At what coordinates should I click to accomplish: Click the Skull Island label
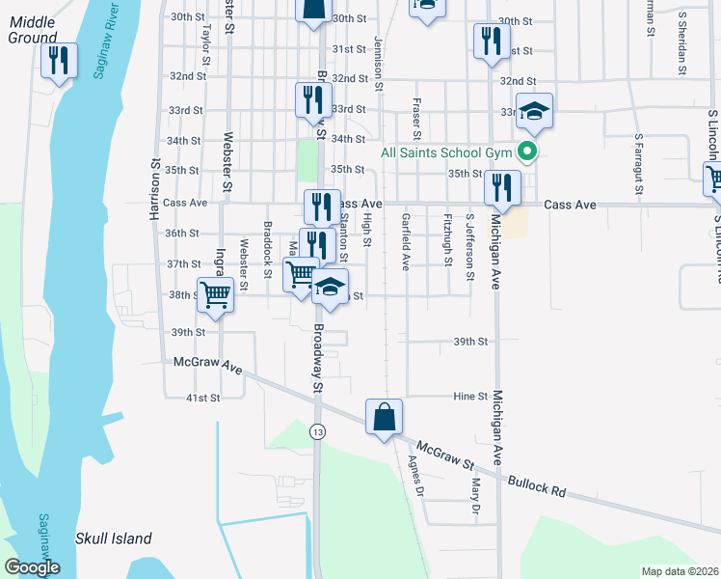click(x=115, y=538)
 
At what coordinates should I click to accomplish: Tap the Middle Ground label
click(x=32, y=29)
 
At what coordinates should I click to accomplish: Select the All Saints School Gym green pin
click(x=526, y=151)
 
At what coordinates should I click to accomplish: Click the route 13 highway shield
click(x=317, y=433)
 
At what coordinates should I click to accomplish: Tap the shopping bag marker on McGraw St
click(x=384, y=418)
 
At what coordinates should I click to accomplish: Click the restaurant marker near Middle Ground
click(x=60, y=62)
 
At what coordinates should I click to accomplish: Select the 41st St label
click(x=203, y=397)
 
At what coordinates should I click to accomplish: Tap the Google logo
click(x=31, y=567)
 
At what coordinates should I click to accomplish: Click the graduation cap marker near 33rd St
click(x=533, y=111)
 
